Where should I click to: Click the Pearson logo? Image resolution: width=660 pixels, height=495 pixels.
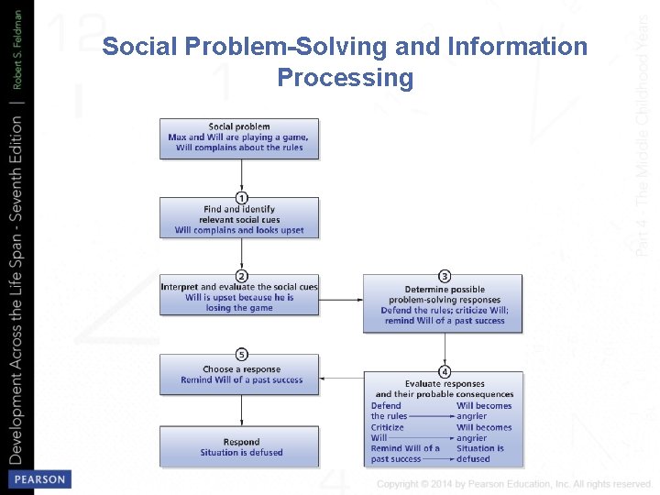(38, 479)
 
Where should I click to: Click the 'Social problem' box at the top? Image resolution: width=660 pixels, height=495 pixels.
(239, 137)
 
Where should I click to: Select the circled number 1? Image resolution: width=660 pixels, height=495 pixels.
(241, 197)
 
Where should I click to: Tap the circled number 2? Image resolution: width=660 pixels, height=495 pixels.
(241, 275)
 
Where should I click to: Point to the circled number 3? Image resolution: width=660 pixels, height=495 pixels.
(445, 276)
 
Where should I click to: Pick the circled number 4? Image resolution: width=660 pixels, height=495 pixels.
(445, 371)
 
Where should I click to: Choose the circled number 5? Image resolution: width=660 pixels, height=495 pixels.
(241, 354)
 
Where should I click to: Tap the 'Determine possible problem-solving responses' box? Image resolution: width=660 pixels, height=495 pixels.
(445, 303)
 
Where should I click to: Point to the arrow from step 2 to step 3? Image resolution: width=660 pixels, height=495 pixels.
(341, 300)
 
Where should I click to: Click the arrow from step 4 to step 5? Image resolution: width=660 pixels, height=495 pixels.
(341, 375)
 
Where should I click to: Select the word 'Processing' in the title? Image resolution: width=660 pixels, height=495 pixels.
(345, 78)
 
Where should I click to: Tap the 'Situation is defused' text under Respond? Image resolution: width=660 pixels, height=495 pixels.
(241, 453)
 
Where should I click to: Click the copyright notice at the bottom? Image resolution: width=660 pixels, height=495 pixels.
(513, 484)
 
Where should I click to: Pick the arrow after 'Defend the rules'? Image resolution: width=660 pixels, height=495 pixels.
(431, 416)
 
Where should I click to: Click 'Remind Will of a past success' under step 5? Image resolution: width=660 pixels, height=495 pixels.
(241, 380)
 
